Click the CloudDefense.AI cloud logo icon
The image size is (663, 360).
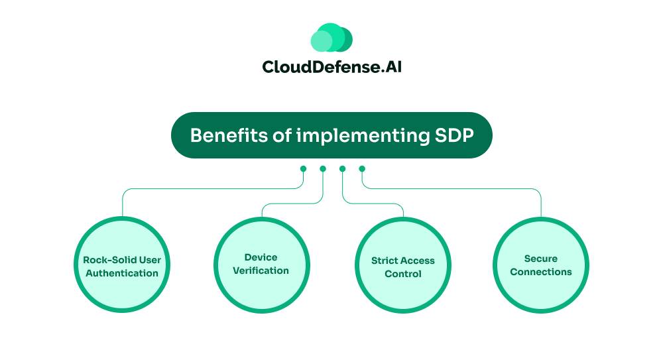(331, 38)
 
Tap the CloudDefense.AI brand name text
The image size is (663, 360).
(331, 67)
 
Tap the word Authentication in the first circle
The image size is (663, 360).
(122, 273)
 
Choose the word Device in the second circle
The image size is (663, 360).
(261, 257)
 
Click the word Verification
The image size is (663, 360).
(261, 270)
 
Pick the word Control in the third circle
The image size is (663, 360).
(403, 274)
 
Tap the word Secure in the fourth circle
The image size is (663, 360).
(540, 259)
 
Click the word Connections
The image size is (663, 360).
(540, 272)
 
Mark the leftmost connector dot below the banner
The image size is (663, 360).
(303, 169)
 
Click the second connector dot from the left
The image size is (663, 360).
(323, 169)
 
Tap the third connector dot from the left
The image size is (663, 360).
(342, 169)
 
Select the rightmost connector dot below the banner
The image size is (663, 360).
(362, 169)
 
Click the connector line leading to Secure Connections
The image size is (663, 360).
(464, 189)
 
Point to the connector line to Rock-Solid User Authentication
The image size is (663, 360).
(199, 189)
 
